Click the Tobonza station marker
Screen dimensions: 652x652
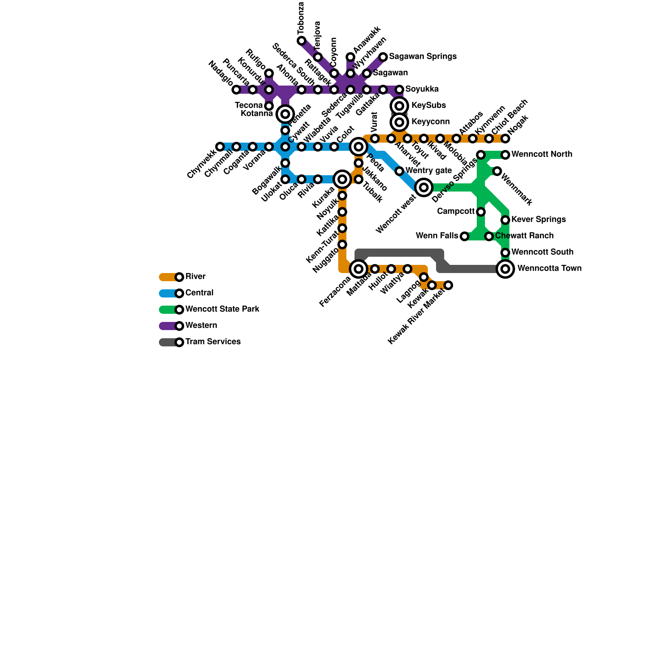click(x=302, y=41)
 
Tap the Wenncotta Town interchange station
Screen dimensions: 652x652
click(x=505, y=269)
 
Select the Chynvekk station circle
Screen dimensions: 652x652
click(x=220, y=147)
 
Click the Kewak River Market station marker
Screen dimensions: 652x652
click(x=448, y=285)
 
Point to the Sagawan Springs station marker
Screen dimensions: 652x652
click(x=383, y=57)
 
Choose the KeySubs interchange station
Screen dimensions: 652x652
click(x=399, y=106)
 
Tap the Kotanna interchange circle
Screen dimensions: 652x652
click(x=285, y=114)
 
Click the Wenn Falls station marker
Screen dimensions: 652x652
click(x=465, y=236)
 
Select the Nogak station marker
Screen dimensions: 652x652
click(x=505, y=139)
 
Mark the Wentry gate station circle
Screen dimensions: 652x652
click(x=399, y=171)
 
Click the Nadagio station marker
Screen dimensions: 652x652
click(x=236, y=90)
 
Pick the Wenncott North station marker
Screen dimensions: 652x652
click(x=505, y=155)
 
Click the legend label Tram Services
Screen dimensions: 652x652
click(x=213, y=342)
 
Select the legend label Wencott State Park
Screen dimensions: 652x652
click(x=222, y=309)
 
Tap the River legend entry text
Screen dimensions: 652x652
click(x=195, y=277)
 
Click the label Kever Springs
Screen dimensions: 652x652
click(x=538, y=220)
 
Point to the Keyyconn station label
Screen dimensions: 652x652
click(x=430, y=122)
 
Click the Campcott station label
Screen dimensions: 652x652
click(x=456, y=211)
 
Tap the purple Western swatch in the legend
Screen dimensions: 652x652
click(x=168, y=326)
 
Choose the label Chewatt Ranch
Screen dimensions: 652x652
click(x=524, y=236)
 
